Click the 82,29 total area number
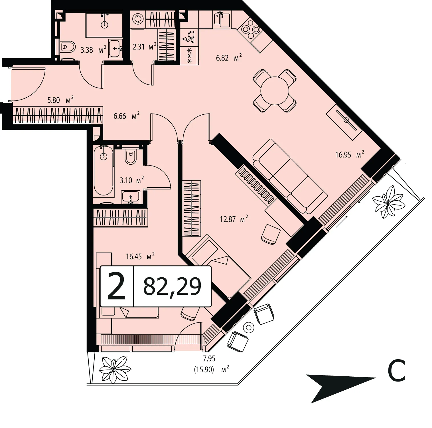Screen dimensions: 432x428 coord(172,286)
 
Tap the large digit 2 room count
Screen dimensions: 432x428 coord(117,286)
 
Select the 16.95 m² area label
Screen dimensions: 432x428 coord(350,155)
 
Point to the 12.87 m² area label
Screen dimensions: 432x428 coord(234,219)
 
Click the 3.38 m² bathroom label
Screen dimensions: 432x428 coord(94,50)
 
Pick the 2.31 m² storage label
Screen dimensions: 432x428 coord(145,46)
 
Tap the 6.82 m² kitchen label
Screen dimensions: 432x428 coord(229,58)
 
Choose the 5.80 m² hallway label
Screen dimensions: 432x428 coord(60,100)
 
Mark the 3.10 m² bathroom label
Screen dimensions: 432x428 coord(132,180)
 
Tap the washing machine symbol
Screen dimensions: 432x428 coord(138,19)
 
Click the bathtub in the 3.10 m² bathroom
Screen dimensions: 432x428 coord(104,170)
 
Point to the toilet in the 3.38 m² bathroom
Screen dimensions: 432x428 coord(68,47)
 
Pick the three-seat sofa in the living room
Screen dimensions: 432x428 coord(290,176)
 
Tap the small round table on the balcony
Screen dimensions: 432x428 coord(249,327)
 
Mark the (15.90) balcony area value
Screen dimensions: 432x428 coord(204,370)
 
